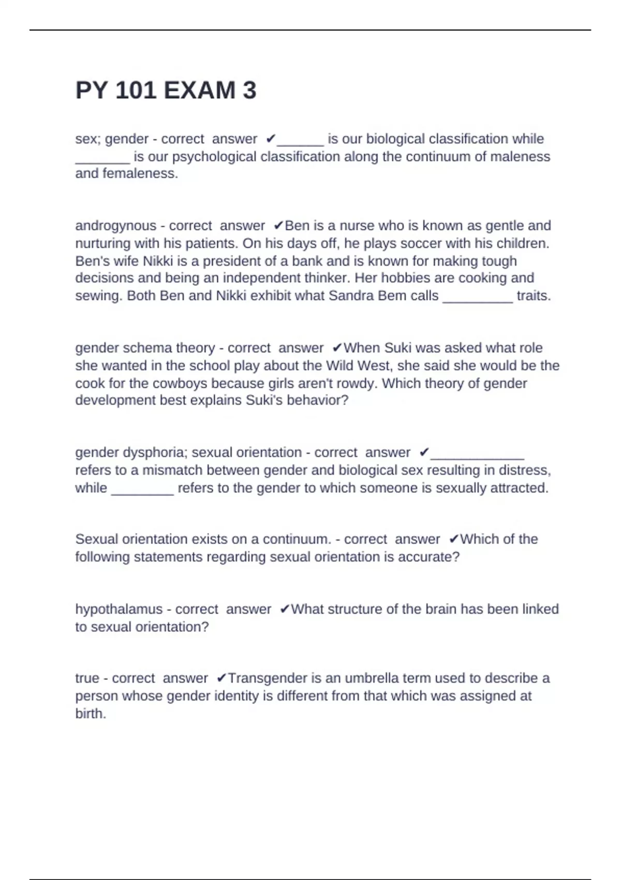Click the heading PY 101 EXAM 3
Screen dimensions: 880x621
[x=166, y=91]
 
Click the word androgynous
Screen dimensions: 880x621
[x=115, y=226]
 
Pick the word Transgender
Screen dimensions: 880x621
[x=267, y=678]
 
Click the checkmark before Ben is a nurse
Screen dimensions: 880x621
[x=278, y=226]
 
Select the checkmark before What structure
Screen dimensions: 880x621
[x=284, y=609]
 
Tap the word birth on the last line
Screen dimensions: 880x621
[x=90, y=713]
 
